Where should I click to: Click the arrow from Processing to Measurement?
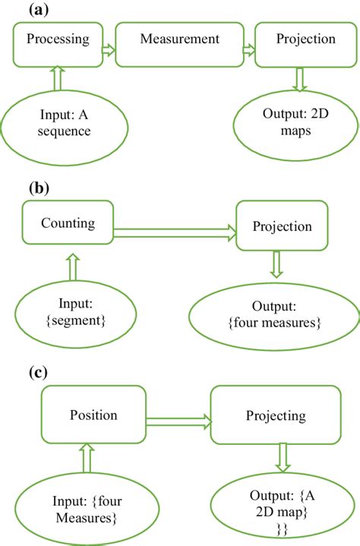pyautogui.click(x=108, y=50)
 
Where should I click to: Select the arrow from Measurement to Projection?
pyautogui.click(x=248, y=50)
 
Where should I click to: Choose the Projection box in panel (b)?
pyautogui.click(x=283, y=226)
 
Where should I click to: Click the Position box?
pyautogui.click(x=93, y=415)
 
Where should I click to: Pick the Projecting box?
pyautogui.click(x=276, y=416)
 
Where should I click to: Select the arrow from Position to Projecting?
pyautogui.click(x=178, y=418)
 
